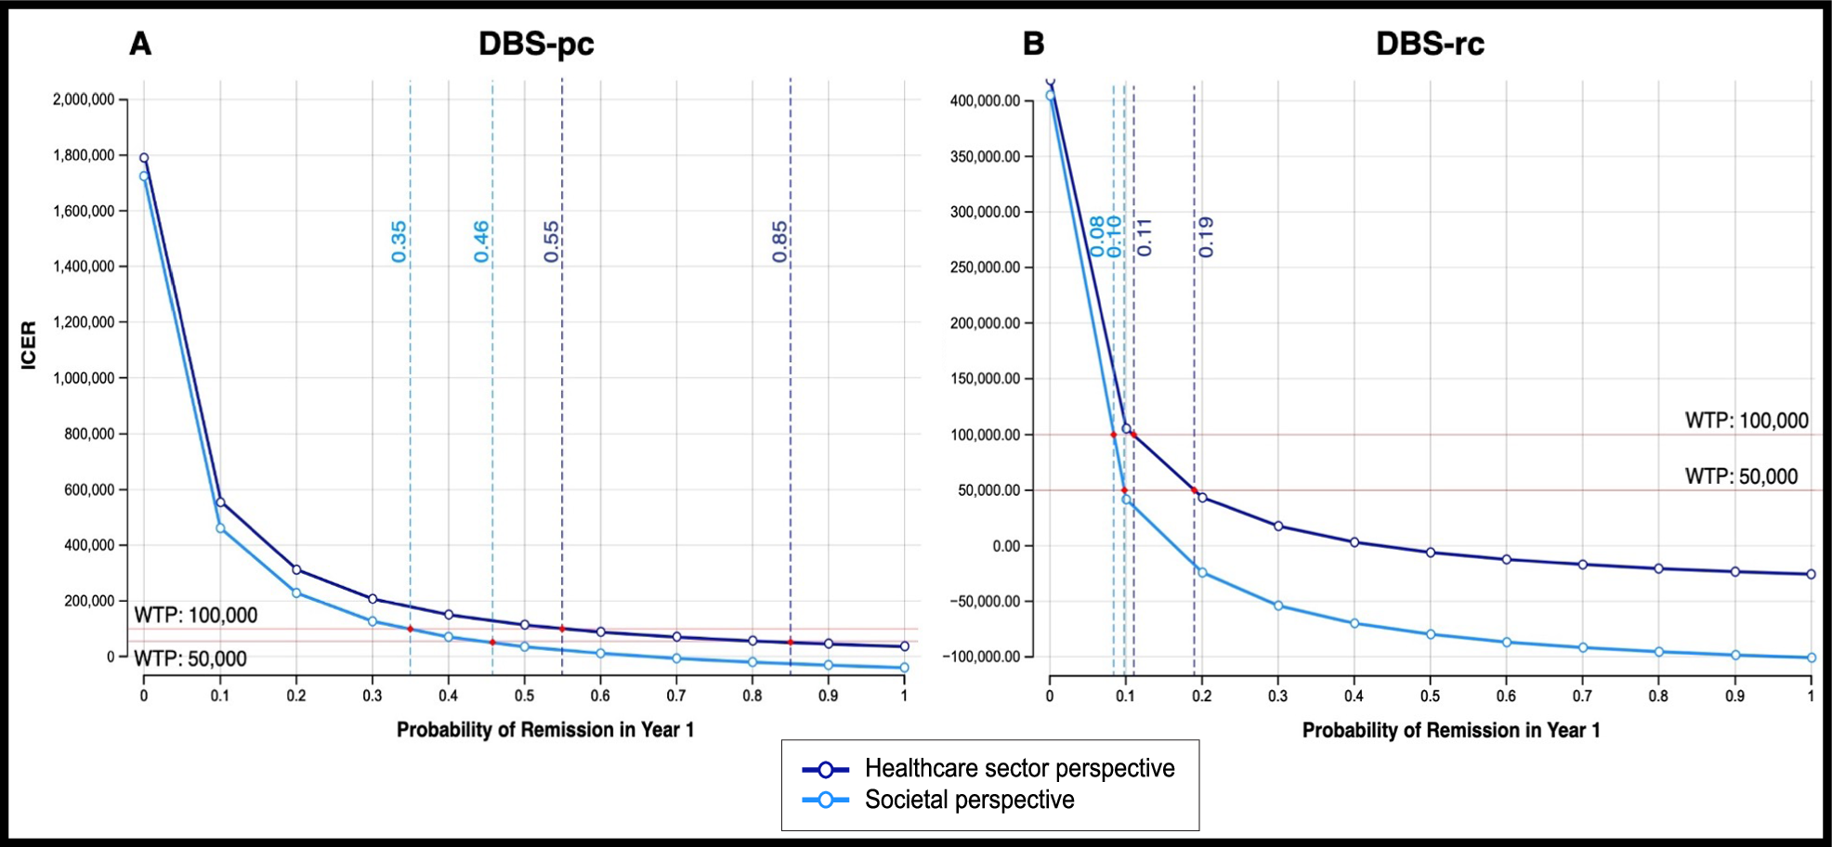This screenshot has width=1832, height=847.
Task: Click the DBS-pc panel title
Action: tap(536, 44)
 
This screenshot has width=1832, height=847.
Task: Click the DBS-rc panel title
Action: tap(1429, 44)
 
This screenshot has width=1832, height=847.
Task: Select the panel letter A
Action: tap(140, 44)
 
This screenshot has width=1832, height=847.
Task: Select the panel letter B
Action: tap(1033, 44)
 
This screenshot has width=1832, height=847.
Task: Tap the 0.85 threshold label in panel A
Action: tap(779, 241)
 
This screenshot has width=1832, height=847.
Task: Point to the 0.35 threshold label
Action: tap(399, 241)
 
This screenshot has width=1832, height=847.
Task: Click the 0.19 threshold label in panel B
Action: tap(1206, 237)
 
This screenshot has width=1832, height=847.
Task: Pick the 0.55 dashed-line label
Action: tap(552, 241)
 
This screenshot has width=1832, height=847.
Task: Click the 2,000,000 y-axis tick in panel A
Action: tap(84, 99)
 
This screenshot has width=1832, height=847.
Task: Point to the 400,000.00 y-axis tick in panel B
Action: tap(985, 100)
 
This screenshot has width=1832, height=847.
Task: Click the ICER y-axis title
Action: tap(29, 345)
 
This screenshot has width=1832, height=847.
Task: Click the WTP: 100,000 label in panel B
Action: tap(1747, 421)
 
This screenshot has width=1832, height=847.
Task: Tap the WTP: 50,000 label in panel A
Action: tap(190, 658)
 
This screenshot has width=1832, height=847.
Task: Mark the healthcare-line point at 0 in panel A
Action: tap(144, 158)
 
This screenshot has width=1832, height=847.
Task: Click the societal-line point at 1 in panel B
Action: tap(1811, 658)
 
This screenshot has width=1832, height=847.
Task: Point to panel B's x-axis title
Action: tap(1450, 730)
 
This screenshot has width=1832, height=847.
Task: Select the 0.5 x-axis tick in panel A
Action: tap(524, 696)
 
